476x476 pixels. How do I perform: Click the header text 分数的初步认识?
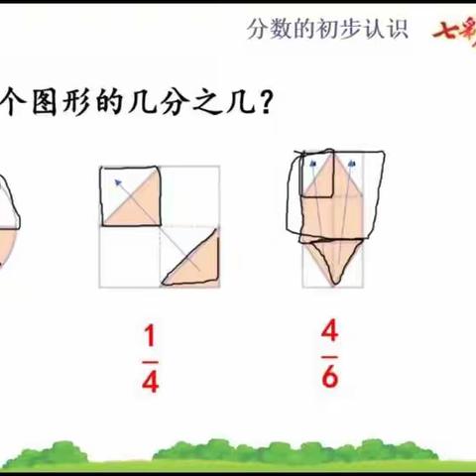click(x=327, y=29)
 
